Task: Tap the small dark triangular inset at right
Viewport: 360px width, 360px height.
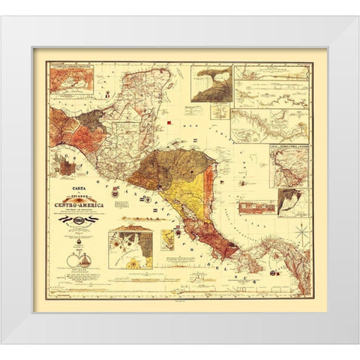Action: click(290, 202)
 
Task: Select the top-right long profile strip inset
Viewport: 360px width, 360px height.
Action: click(271, 73)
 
